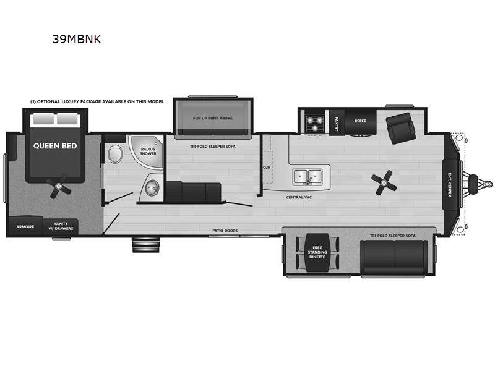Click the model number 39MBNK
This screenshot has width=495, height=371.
tap(77, 39)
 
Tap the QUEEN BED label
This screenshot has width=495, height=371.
tap(56, 146)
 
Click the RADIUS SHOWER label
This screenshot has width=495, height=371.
tap(148, 151)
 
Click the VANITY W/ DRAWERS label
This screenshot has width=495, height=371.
tap(60, 227)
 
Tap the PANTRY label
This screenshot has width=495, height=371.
tap(337, 121)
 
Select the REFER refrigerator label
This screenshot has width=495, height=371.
tap(361, 121)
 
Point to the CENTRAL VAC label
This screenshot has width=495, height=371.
tap(298, 198)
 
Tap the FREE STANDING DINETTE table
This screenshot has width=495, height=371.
tap(317, 254)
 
